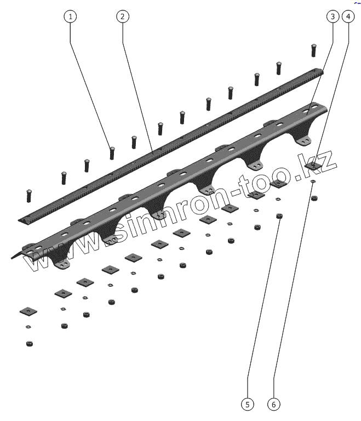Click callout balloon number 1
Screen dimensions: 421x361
(70, 16)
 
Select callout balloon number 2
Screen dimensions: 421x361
(122, 16)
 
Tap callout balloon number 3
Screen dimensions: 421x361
(332, 16)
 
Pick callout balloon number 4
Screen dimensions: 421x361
(347, 16)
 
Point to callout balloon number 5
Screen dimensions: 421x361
(248, 405)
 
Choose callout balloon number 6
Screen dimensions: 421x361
(274, 405)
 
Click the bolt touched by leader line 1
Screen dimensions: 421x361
(112, 152)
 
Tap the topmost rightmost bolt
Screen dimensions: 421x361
(314, 50)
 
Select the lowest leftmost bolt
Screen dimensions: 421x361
(28, 195)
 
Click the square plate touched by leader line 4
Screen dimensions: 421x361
(313, 164)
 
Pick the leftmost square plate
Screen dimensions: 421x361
(27, 311)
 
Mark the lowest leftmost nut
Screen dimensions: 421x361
(29, 344)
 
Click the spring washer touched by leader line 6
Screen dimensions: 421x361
(312, 182)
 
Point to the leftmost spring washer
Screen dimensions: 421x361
(28, 327)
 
